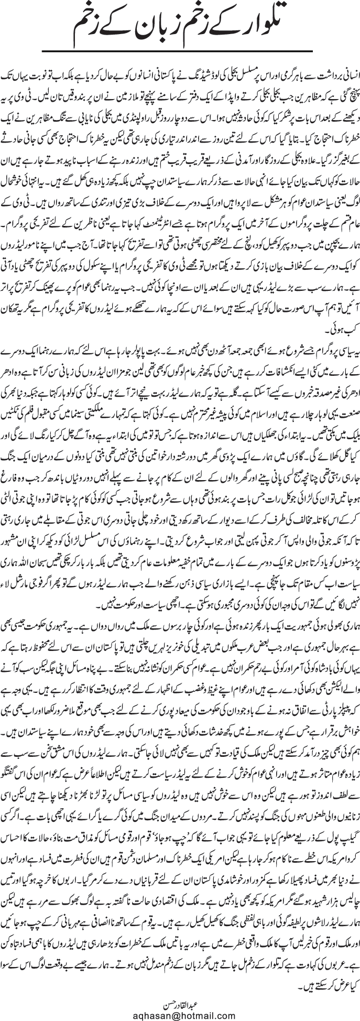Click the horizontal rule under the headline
(x=180, y=50)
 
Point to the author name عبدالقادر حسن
(x=180, y=996)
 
